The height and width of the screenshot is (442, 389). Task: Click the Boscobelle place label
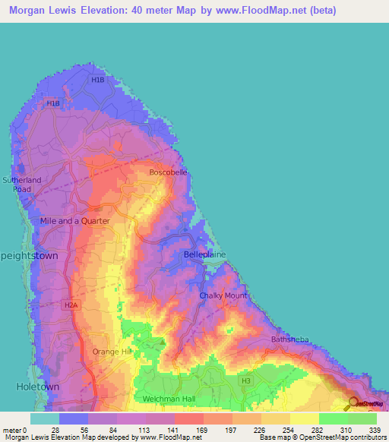168,172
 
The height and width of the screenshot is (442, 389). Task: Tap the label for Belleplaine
202,255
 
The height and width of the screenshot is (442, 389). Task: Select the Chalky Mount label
223,295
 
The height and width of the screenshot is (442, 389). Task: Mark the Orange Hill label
112,352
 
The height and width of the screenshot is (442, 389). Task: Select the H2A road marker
71,305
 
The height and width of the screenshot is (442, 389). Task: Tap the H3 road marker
245,380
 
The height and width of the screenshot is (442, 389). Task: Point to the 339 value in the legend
375,430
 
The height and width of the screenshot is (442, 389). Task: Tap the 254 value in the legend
289,430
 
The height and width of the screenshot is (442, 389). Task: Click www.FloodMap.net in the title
255,11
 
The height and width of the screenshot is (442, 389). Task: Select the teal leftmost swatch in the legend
45,418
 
